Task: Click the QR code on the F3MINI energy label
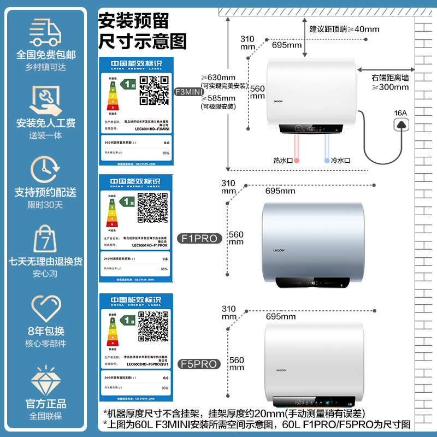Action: pyautogui.click(x=154, y=90)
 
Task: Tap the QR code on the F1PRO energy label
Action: pyautogui.click(x=152, y=208)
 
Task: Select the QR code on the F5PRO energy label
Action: pyautogui.click(x=153, y=327)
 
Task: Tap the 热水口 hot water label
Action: pyautogui.click(x=284, y=161)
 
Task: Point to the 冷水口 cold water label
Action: pyautogui.click(x=340, y=161)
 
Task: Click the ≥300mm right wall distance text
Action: pyautogui.click(x=390, y=87)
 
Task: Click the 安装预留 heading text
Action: pyautogui.click(x=133, y=21)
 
